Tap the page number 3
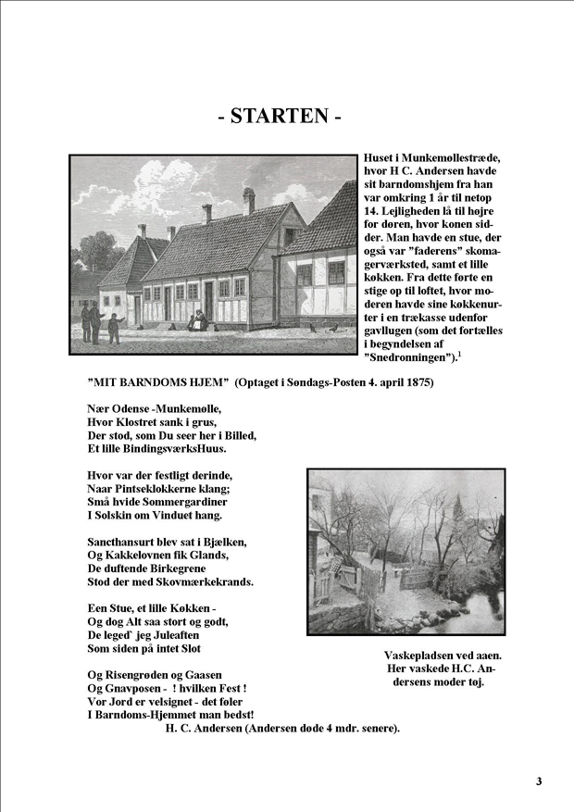(x=539, y=781)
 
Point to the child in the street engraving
(x=114, y=328)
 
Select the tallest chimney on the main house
(x=248, y=200)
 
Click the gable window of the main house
(x=289, y=235)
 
